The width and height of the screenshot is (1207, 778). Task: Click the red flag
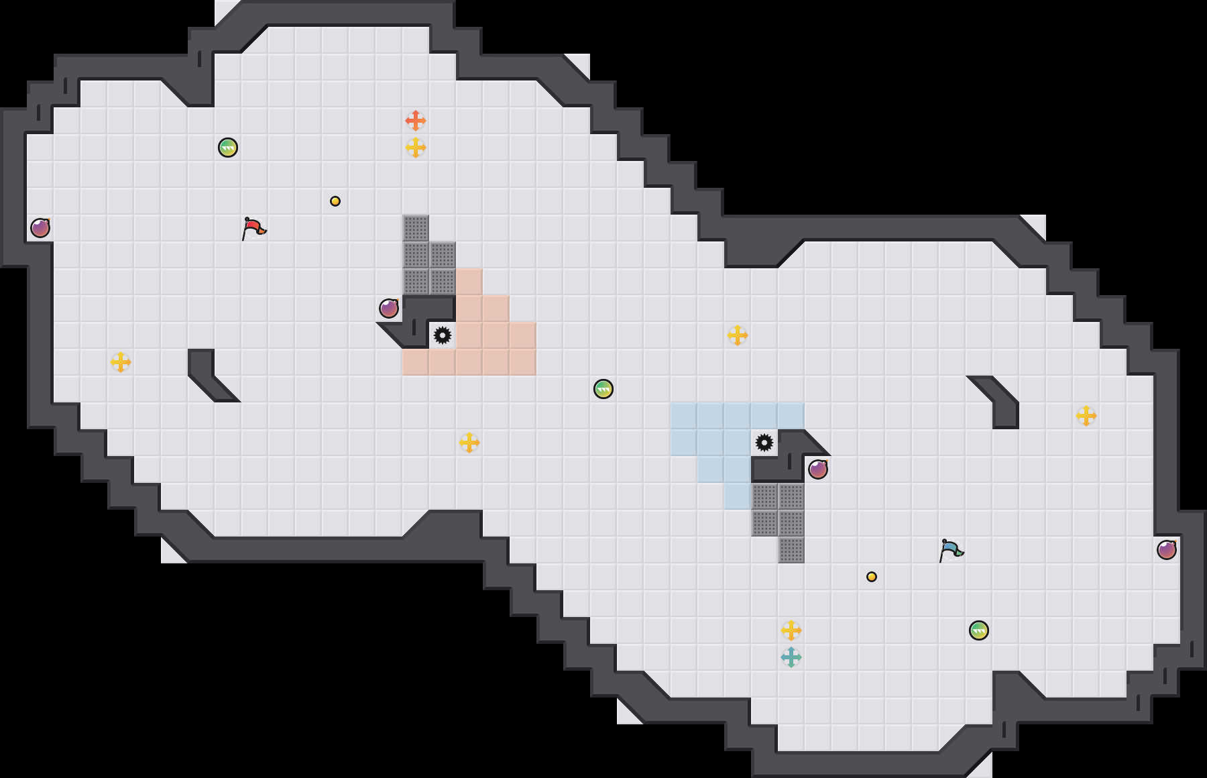pos(254,228)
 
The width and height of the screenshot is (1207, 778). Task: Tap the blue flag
pos(952,550)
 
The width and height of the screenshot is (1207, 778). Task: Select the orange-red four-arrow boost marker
pos(416,121)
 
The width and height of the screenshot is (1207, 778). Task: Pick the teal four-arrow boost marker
pos(791,657)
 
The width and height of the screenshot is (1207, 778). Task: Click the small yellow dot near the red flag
pos(335,201)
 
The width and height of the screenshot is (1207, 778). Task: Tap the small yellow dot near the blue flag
pos(872,577)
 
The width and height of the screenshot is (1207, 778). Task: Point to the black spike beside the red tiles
pos(443,335)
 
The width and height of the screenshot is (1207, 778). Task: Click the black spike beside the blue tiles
pos(764,443)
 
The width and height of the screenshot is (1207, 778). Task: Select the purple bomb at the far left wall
pos(40,228)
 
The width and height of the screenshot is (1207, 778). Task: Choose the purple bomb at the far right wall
pos(1167,550)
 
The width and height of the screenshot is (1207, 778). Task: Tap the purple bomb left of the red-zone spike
pos(389,309)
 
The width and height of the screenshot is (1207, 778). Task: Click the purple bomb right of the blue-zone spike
pos(818,469)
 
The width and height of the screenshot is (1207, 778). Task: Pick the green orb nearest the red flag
pos(228,148)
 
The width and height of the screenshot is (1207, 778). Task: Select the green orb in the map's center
pos(603,389)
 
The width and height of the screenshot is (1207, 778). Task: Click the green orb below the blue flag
pos(979,630)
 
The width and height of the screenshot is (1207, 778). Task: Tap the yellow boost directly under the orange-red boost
pos(416,148)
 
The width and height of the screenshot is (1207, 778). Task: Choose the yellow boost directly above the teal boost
pos(791,630)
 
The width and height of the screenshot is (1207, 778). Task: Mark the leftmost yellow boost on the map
pos(121,362)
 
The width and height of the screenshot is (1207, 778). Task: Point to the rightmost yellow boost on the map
pos(1086,416)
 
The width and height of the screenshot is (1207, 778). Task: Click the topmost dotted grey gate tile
pos(416,228)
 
